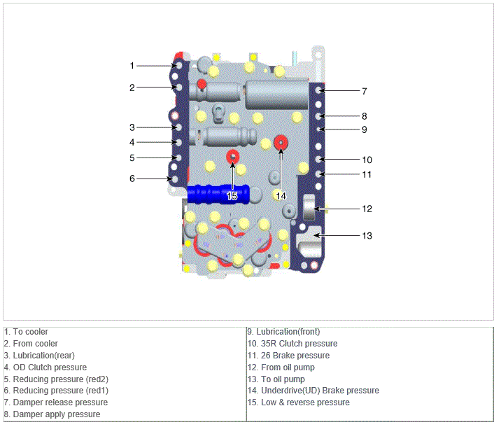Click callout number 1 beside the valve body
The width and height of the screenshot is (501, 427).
tap(132, 66)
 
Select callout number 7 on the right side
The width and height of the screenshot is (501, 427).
tap(365, 92)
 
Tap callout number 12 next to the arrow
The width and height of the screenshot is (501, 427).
tap(367, 209)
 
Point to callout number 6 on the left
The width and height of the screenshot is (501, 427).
tap(132, 178)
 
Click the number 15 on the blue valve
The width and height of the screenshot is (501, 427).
tap(232, 195)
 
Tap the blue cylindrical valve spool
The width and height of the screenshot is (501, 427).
tap(218, 194)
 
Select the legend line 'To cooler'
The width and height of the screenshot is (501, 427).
tap(26, 332)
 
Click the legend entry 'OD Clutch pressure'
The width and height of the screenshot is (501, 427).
tap(45, 367)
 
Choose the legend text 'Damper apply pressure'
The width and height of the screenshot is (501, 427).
tap(52, 414)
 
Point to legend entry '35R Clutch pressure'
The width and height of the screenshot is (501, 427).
tap(292, 344)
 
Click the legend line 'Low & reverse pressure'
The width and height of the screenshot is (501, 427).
tap(299, 402)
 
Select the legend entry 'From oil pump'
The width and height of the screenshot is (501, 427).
tap(281, 367)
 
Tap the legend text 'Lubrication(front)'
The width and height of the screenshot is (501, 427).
tap(283, 332)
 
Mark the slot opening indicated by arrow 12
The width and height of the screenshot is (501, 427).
tap(309, 207)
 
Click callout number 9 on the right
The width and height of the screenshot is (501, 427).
tap(365, 129)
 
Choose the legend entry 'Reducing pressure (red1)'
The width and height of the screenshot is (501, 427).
tap(56, 391)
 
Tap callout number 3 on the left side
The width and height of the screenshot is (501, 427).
tap(132, 127)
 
